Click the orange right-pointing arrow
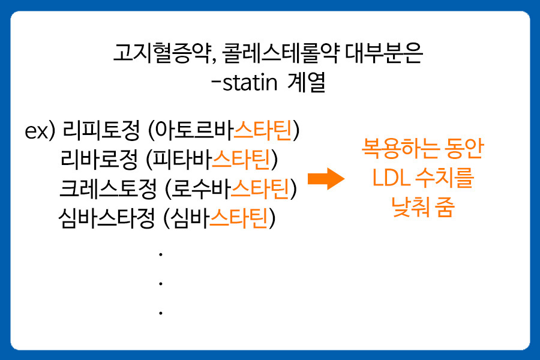pos(326,179)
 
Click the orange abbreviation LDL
pos(389,179)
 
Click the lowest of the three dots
pos(161,313)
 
